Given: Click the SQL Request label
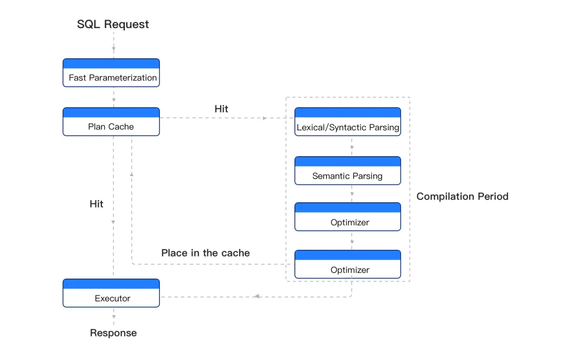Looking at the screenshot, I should [x=113, y=24].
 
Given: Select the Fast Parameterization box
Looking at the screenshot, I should [x=111, y=73].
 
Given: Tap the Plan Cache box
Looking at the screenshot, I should [x=111, y=122].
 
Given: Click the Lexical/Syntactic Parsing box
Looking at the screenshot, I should [x=348, y=122].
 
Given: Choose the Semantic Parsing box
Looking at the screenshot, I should [x=348, y=171].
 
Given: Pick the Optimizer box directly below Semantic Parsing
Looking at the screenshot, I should [x=348, y=217].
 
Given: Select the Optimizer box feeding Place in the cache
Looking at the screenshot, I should [x=348, y=264].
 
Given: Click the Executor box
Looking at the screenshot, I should [x=111, y=293].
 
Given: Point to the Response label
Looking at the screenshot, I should [x=113, y=333].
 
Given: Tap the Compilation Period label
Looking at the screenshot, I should [x=462, y=196].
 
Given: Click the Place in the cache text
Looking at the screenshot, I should [x=205, y=253].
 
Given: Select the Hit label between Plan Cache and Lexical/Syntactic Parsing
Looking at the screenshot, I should [x=221, y=109].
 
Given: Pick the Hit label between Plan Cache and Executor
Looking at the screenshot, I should [x=96, y=204].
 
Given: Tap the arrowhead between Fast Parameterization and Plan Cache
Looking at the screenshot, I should [x=114, y=100].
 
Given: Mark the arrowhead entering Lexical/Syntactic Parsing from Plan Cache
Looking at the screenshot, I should [x=265, y=118].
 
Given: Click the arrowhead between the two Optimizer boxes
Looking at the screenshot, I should [x=352, y=241].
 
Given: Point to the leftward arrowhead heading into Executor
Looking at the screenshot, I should [x=257, y=297].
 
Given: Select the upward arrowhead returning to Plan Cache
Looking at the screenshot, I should [x=132, y=174].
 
